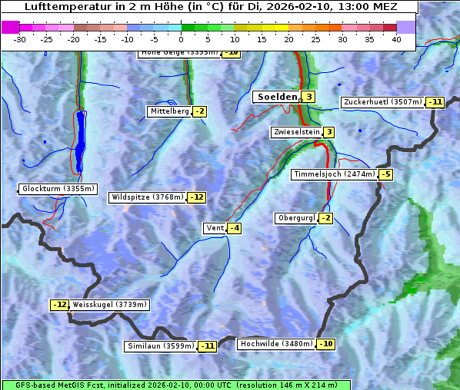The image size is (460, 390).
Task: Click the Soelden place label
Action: [275, 97]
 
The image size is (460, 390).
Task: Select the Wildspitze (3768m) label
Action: [147, 197]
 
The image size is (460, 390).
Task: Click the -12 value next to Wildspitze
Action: [197, 197]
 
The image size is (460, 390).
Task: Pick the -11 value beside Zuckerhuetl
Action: [436, 102]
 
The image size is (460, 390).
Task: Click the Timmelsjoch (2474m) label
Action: [335, 174]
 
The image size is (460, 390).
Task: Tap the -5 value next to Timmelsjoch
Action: [385, 174]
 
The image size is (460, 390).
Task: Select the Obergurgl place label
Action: [296, 218]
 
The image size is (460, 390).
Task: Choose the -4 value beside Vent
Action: [234, 228]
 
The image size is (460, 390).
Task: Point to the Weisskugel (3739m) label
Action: [109, 305]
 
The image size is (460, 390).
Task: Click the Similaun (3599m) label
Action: [161, 346]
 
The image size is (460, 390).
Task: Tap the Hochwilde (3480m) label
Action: [276, 344]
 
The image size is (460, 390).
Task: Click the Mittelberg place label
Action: [169, 111]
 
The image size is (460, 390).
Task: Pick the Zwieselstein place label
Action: [296, 132]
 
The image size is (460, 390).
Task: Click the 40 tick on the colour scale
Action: [396, 39]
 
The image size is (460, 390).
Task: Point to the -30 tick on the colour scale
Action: [20, 39]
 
